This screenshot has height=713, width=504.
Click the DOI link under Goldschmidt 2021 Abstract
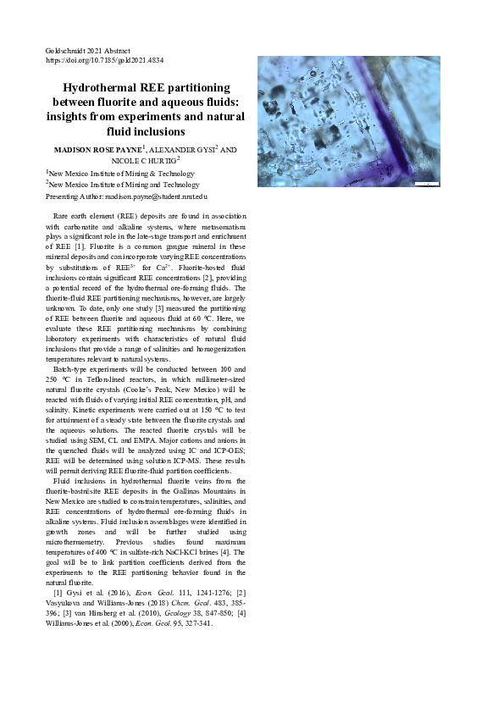click(x=104, y=61)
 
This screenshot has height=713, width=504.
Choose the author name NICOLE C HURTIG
click(x=143, y=159)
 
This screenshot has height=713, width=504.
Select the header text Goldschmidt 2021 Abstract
click(x=87, y=51)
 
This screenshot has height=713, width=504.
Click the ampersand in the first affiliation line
click(x=157, y=173)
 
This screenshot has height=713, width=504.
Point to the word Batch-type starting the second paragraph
click(x=71, y=370)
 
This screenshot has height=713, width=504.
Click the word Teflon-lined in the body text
click(x=123, y=380)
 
